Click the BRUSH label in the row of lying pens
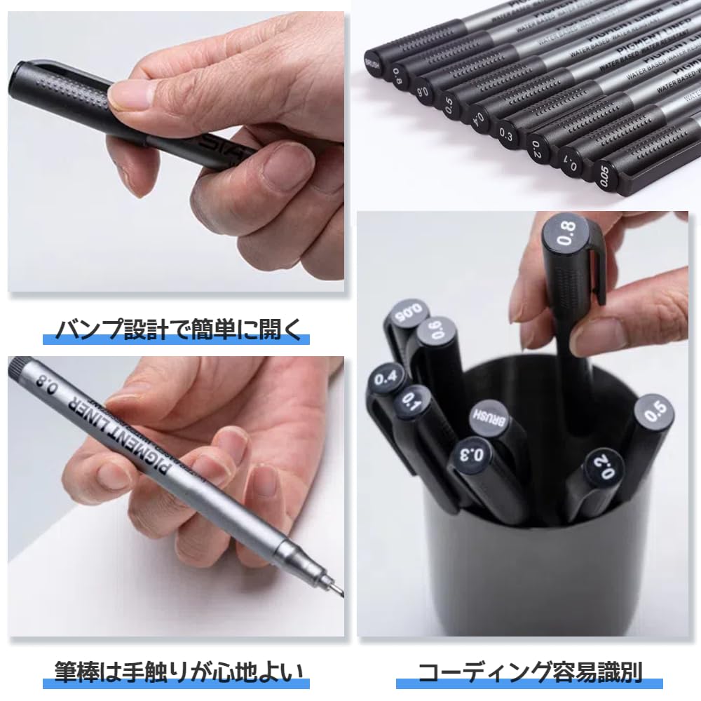(374, 67)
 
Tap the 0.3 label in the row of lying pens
(506, 131)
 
